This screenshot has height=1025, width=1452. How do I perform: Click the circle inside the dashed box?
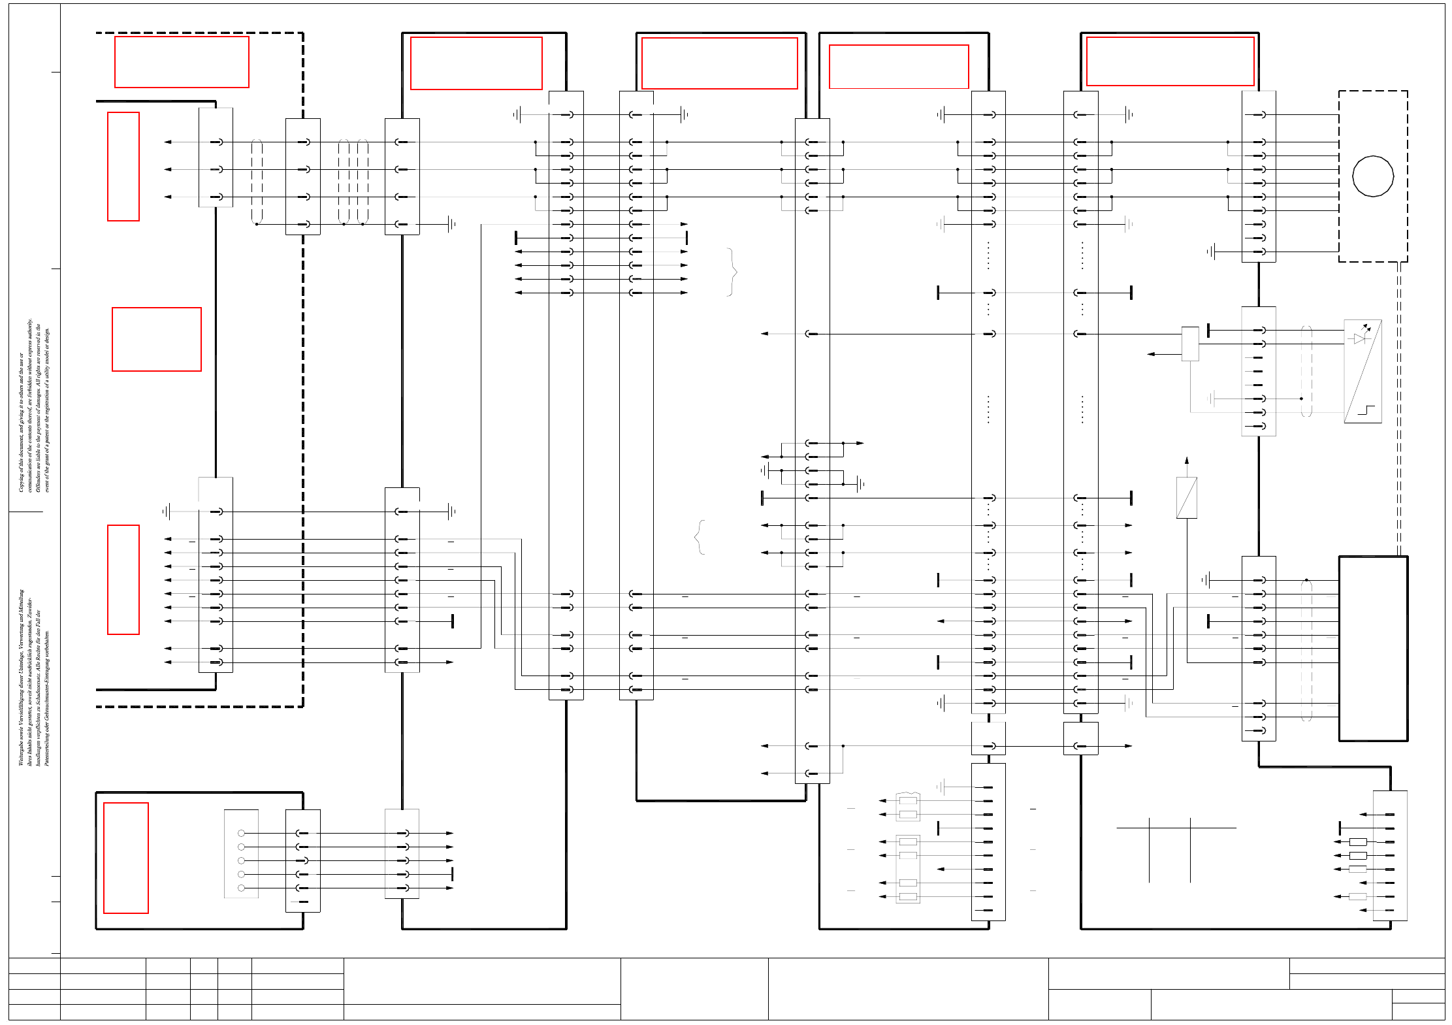(x=1372, y=176)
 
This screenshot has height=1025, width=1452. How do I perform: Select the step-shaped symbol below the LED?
(x=1366, y=410)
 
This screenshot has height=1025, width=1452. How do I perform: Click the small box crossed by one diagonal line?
(x=1186, y=497)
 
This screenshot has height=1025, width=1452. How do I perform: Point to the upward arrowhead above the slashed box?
(x=1187, y=461)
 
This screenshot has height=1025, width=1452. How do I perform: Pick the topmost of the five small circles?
(x=241, y=833)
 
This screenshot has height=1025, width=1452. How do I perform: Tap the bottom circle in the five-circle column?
(x=241, y=888)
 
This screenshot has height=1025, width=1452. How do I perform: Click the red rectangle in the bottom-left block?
(x=126, y=858)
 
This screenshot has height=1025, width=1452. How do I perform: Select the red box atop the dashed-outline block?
(x=182, y=62)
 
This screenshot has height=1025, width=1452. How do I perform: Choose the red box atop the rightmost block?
(x=1170, y=61)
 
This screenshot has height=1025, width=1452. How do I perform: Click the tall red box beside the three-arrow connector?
(x=123, y=167)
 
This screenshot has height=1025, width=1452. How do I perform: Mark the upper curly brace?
(x=733, y=272)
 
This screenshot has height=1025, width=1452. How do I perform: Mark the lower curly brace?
(x=700, y=537)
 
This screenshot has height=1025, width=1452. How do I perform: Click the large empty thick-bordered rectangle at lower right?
(x=1373, y=649)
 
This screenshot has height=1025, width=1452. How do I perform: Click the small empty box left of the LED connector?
(x=1190, y=344)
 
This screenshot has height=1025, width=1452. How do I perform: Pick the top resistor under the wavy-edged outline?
(x=908, y=801)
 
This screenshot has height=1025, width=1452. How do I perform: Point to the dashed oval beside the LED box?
(x=1306, y=371)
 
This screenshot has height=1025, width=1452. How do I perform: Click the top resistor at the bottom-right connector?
(x=1358, y=842)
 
